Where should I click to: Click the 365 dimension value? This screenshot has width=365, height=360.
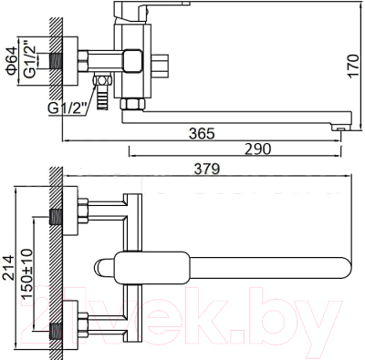(202, 134)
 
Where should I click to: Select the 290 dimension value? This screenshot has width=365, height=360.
(257, 149)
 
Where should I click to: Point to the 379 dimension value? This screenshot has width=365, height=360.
(207, 169)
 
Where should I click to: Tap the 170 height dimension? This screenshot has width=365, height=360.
(353, 67)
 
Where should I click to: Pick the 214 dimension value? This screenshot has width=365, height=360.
(8, 267)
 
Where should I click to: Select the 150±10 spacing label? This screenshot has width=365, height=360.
(26, 273)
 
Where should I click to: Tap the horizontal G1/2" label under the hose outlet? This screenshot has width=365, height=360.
(68, 108)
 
